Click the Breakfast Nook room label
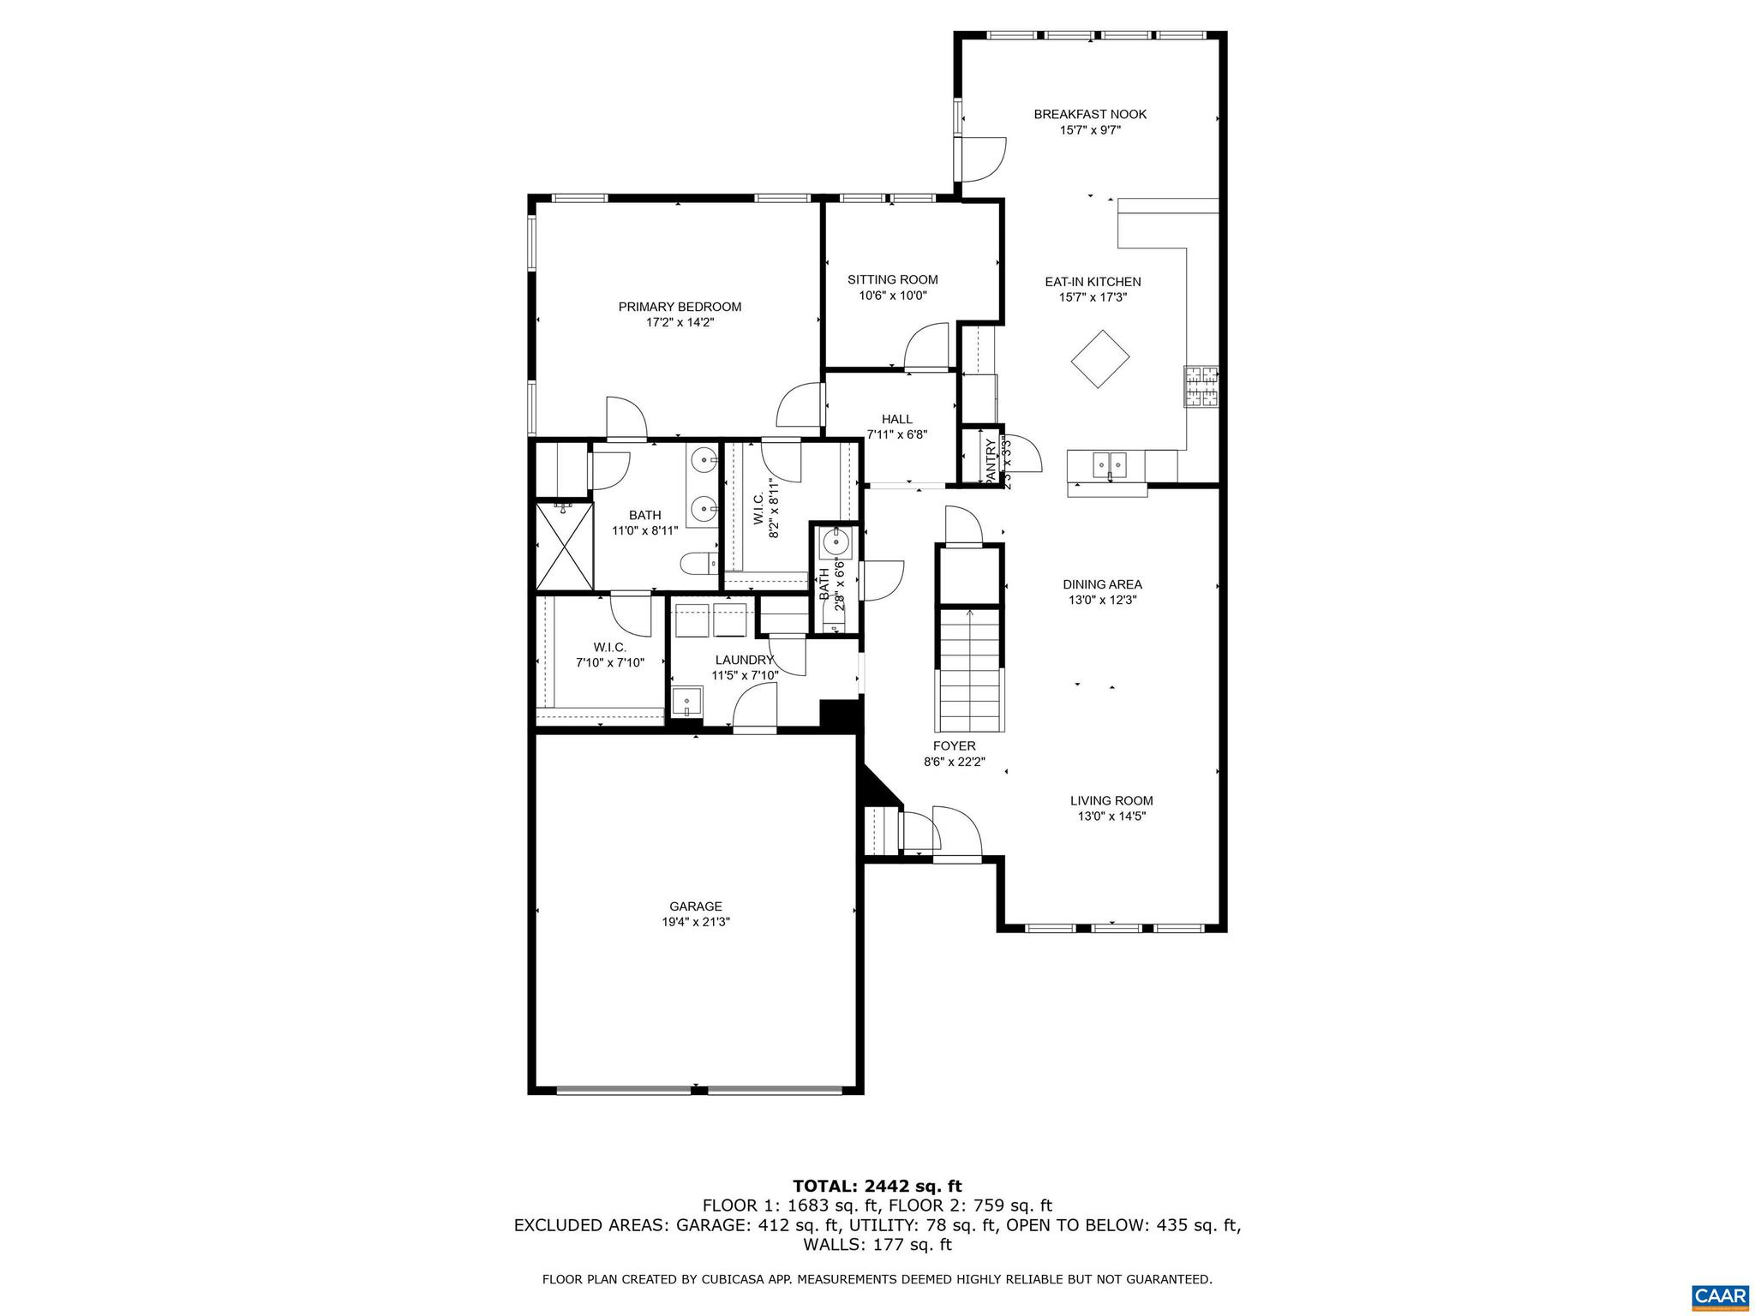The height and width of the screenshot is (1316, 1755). coord(1089,114)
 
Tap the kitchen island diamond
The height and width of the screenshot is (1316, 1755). coord(1100,359)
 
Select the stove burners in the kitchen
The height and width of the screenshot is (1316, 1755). coord(1201,386)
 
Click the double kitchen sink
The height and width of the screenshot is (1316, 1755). coord(1110,465)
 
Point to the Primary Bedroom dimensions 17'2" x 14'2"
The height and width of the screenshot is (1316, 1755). coord(680,323)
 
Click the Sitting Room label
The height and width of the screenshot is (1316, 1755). coord(892,280)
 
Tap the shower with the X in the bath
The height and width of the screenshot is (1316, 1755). coord(564,547)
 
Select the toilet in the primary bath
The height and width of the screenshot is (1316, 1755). coord(698,564)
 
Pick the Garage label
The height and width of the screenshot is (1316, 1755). coord(695,906)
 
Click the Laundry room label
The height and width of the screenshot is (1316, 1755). coord(744,660)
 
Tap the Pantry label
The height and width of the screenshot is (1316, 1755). coord(991,464)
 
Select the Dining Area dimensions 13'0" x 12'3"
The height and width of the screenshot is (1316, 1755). coord(1102,601)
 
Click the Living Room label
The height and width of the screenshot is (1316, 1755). coord(1111,801)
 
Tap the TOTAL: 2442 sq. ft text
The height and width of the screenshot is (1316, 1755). coord(877,1187)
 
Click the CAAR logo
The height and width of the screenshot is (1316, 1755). coord(1720,1295)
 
